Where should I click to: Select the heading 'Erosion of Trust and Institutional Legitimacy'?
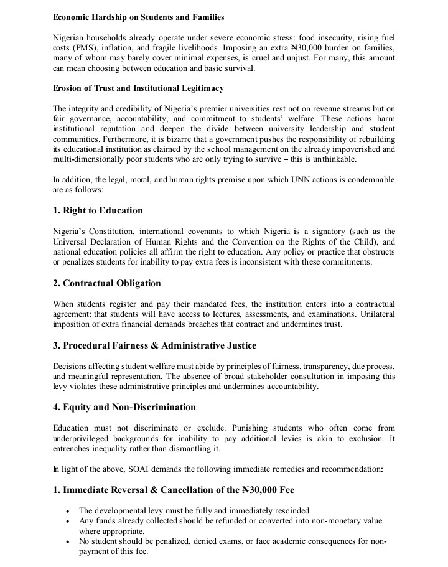pos(138,88)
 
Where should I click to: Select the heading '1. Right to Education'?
pos(98,210)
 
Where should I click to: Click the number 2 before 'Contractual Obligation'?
pos(56,283)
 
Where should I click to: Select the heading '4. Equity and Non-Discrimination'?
pos(124,407)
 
